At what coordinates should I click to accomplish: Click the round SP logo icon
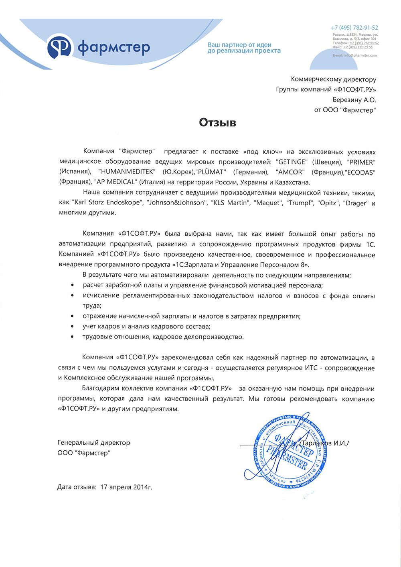[x=59, y=47]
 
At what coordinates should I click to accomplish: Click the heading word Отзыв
[x=217, y=122]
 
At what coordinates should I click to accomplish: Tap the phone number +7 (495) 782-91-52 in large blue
[x=354, y=28]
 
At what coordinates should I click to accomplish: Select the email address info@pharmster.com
[x=360, y=55]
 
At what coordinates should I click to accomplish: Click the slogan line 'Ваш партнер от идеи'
[x=239, y=45]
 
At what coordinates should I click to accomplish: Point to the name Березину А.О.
[x=354, y=100]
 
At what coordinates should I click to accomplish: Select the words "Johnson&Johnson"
[x=176, y=203]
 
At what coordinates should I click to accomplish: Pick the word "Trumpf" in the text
[x=299, y=203]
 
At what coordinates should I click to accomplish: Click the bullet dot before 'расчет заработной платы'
[x=72, y=286]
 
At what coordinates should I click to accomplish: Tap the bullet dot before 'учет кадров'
[x=72, y=327]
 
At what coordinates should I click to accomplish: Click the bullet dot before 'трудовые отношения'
[x=72, y=337]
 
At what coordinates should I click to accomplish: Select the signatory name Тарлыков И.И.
[x=325, y=443]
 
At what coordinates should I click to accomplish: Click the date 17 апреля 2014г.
[x=126, y=487]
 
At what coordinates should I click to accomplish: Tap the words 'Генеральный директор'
[x=94, y=443]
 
